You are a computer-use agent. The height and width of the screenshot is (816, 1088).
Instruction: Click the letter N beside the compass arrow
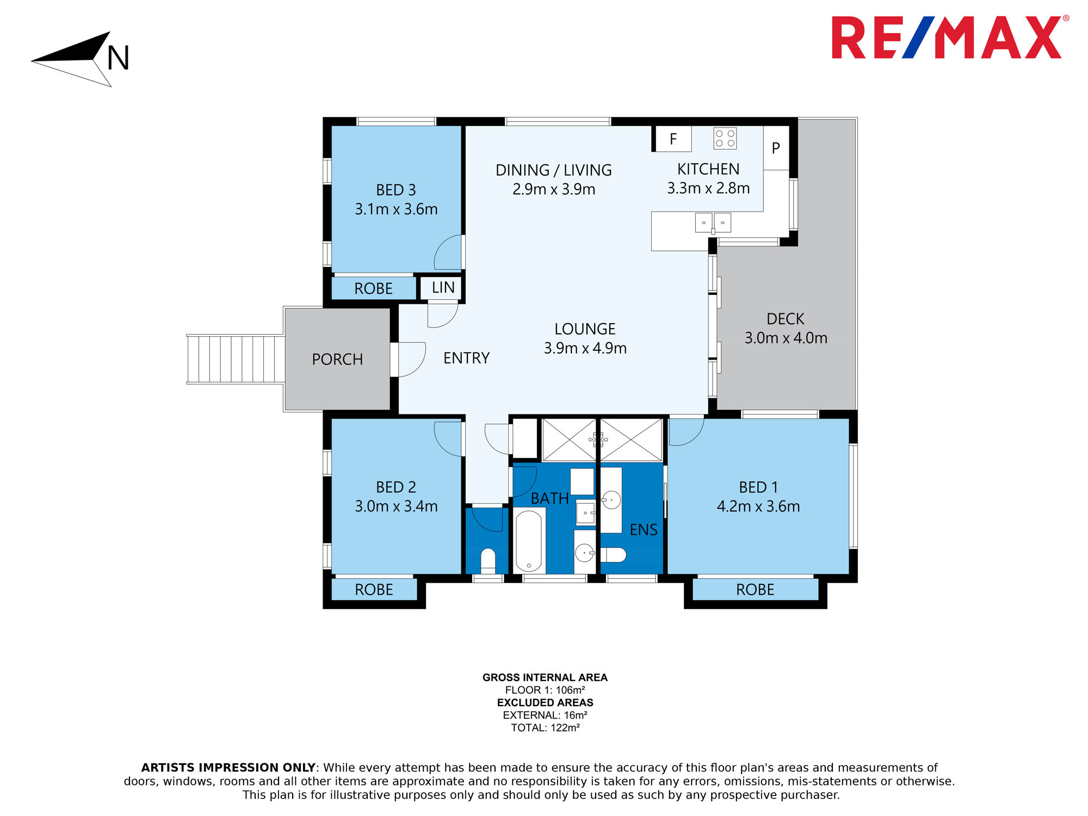coord(118,58)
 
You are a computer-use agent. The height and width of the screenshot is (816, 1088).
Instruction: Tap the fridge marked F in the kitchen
coord(673,139)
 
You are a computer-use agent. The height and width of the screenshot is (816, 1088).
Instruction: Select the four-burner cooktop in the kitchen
coord(725,138)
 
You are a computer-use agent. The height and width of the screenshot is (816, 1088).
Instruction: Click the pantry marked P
coord(776,148)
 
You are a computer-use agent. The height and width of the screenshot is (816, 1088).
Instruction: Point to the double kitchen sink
coord(713,223)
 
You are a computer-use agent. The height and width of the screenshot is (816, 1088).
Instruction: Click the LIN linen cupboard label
coord(443,287)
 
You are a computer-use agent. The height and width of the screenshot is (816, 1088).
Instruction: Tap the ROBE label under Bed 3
coord(373,288)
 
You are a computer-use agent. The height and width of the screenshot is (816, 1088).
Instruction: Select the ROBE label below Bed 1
coord(755,590)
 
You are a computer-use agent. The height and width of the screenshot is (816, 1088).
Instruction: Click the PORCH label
coord(337,359)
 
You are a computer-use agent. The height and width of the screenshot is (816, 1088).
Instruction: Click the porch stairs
coord(236,359)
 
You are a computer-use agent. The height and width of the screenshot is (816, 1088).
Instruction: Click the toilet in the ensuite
coord(614,555)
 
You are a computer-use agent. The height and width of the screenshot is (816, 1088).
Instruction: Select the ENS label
coord(644,530)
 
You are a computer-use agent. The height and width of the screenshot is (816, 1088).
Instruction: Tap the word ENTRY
coord(466,358)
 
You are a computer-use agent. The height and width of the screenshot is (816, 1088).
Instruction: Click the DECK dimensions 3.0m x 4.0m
coord(786,338)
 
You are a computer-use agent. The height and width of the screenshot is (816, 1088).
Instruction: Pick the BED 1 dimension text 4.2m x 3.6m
coord(758,506)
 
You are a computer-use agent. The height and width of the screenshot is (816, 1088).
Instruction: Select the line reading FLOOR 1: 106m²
coord(545,690)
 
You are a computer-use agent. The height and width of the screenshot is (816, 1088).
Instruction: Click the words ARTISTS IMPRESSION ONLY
coord(228,768)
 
